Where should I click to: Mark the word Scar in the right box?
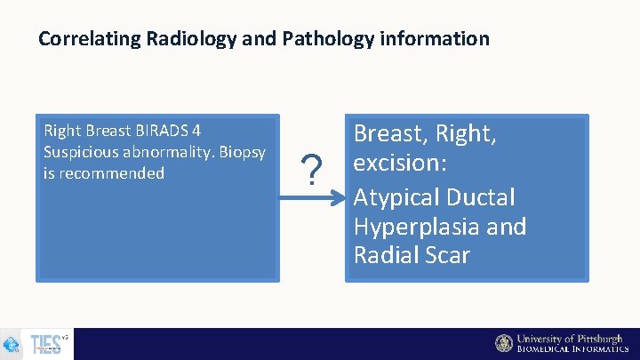444,255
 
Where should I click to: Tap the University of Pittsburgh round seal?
504,343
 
